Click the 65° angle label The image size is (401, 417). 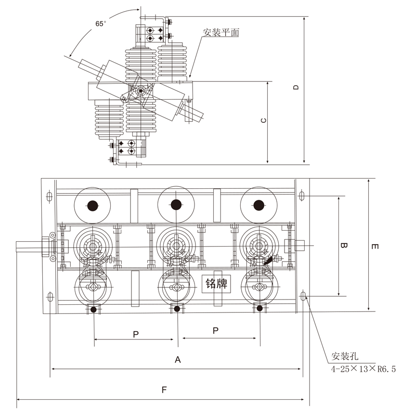[x=100, y=23]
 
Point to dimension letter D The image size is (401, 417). [x=297, y=88]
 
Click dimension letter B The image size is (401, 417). [x=344, y=246]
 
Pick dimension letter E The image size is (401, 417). [x=375, y=247]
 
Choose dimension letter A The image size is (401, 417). [x=177, y=360]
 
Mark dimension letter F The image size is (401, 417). [x=164, y=390]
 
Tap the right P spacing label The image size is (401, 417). [x=216, y=330]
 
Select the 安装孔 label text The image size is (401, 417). [x=345, y=357]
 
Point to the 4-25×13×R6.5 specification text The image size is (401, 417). [x=362, y=369]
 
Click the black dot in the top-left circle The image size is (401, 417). [x=92, y=206]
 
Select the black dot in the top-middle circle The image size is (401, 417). [x=176, y=205]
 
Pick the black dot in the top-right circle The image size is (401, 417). [x=259, y=205]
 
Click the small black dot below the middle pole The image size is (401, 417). [x=177, y=309]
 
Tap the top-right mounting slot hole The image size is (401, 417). [x=302, y=196]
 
